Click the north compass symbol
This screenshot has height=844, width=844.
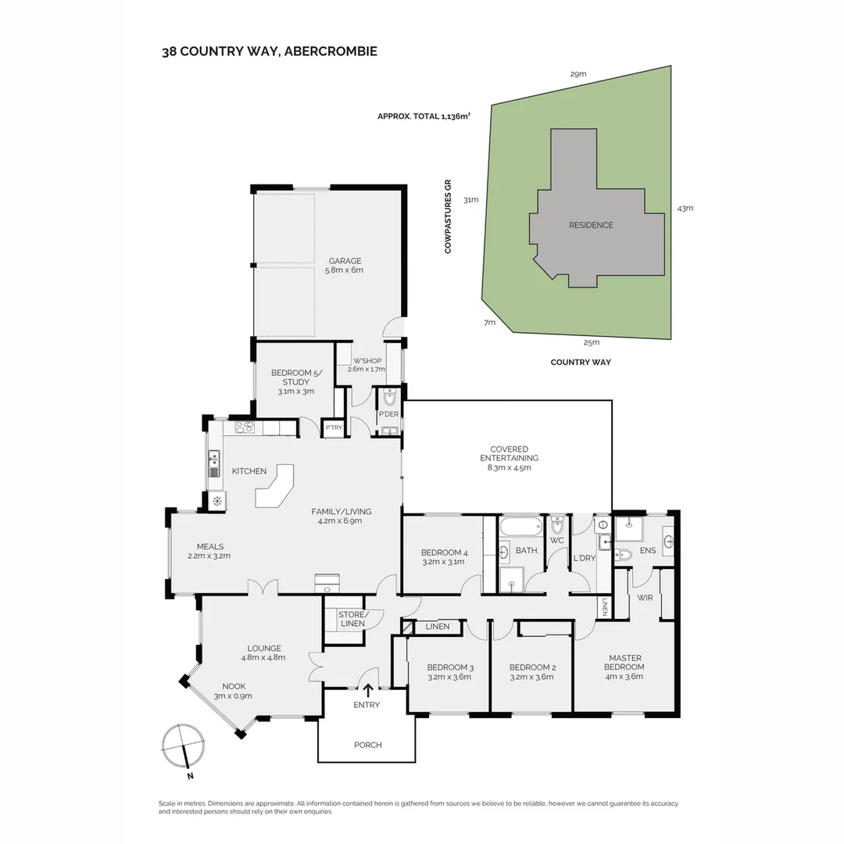(x=183, y=746)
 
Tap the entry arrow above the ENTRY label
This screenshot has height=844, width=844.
(x=369, y=690)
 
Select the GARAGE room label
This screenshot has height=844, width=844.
(x=345, y=261)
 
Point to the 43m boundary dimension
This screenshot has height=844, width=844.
(x=685, y=209)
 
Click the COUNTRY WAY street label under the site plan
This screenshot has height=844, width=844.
(x=581, y=363)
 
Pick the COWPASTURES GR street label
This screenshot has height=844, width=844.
(x=448, y=216)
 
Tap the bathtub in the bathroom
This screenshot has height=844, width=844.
(x=520, y=527)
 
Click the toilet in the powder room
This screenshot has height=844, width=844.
(x=389, y=397)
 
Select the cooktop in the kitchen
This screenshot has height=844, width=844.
(x=245, y=428)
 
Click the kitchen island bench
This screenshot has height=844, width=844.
(x=276, y=485)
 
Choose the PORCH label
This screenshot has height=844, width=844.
(x=368, y=745)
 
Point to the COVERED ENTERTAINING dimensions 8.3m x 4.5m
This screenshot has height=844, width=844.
(x=510, y=468)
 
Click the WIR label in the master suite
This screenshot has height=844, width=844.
(x=645, y=598)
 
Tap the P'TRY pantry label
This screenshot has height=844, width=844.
(x=334, y=427)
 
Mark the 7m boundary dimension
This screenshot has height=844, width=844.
(x=489, y=323)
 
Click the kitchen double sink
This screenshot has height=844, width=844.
(x=214, y=463)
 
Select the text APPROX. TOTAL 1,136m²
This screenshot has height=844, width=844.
(x=424, y=116)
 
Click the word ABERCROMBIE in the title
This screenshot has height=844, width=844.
(x=331, y=52)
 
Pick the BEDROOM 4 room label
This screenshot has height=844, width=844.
(x=444, y=553)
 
